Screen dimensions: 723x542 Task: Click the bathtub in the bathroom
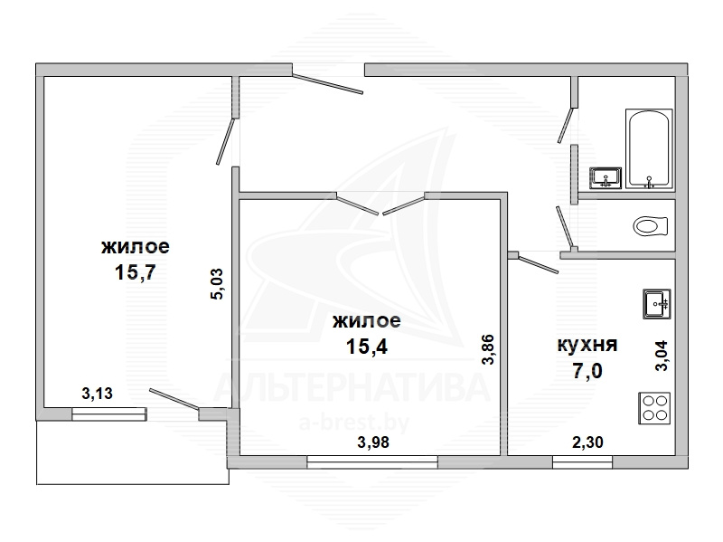coord(648,148)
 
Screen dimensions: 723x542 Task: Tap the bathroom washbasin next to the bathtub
coord(606,178)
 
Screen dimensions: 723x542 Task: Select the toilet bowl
coord(651,226)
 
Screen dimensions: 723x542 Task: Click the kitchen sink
coord(657,304)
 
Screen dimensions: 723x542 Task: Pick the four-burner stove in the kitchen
coord(654,408)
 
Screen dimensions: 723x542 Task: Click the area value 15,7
coord(135,272)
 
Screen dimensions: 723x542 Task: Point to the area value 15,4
coord(367,346)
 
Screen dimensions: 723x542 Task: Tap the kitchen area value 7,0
coord(587,370)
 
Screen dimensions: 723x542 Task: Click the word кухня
coord(587,345)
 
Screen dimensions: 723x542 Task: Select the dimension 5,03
coord(217,284)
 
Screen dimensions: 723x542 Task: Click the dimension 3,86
coord(488,349)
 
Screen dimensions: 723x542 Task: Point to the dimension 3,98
coord(373,442)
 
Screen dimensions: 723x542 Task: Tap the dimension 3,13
coord(97,394)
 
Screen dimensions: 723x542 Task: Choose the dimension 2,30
coord(587,442)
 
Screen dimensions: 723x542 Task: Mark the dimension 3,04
coord(662,356)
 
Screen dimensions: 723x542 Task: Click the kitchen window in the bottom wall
coord(582,461)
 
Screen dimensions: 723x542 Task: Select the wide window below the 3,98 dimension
coord(372,461)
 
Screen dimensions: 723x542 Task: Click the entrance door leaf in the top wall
coord(327,82)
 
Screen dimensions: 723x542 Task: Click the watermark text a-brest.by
coord(354,423)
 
